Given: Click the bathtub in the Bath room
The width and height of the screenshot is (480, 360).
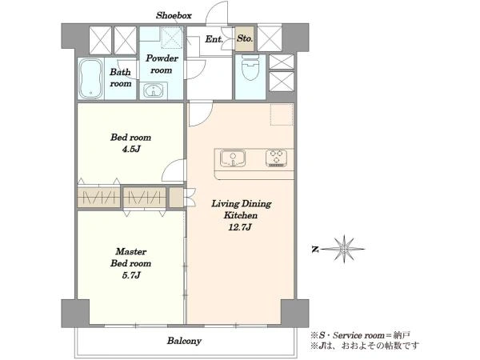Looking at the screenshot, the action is point(90,78).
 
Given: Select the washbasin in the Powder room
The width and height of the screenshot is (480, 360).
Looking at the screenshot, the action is point(154,90).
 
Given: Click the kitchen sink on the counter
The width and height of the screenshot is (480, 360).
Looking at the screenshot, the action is point(233,158).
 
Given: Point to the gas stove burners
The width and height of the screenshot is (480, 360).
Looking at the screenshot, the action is point(276,158).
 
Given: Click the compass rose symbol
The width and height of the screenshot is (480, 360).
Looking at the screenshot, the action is point(344,249).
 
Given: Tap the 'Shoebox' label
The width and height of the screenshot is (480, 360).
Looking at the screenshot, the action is point(174,15).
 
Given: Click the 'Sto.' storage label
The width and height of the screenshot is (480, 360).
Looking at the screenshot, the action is point(245,38).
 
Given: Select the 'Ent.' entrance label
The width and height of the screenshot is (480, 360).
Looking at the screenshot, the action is point(214,39).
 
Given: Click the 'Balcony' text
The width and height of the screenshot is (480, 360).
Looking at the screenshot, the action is point(184,341).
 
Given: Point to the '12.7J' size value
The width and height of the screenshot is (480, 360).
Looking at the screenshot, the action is point(240,227).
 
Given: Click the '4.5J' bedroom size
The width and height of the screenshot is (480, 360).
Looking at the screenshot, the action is point(130,149).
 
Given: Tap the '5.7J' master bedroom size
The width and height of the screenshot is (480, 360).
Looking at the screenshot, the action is point(131,275).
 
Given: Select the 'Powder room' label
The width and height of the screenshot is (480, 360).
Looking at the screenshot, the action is point(162,64).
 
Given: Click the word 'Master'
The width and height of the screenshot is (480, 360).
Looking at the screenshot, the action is point(131,252).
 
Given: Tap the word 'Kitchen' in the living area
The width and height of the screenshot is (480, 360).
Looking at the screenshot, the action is point(241,215).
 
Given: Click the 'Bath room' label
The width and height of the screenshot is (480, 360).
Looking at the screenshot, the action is point(121,78).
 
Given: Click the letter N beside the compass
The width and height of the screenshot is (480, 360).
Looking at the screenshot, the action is point(315,250).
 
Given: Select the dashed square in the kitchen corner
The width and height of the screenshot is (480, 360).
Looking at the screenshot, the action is point(282,114).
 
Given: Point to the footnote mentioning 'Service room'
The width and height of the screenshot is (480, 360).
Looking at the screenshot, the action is point(360,335).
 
